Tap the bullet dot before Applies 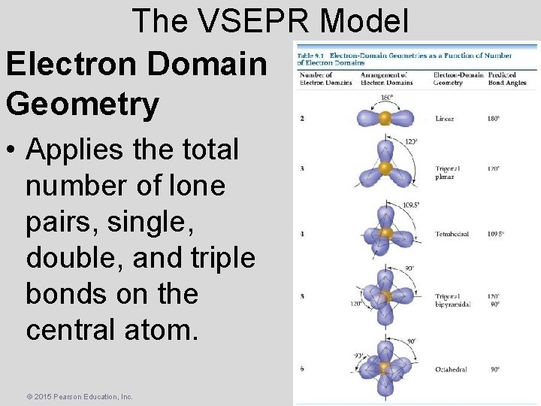13,150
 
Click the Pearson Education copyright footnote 68,396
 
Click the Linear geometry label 444,119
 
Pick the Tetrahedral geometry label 452,234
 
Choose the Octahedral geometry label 450,370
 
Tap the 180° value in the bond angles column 493,119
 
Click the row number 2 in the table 302,119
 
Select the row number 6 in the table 302,369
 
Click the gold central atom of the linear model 385,119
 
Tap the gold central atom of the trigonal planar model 385,167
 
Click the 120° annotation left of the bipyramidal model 355,304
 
